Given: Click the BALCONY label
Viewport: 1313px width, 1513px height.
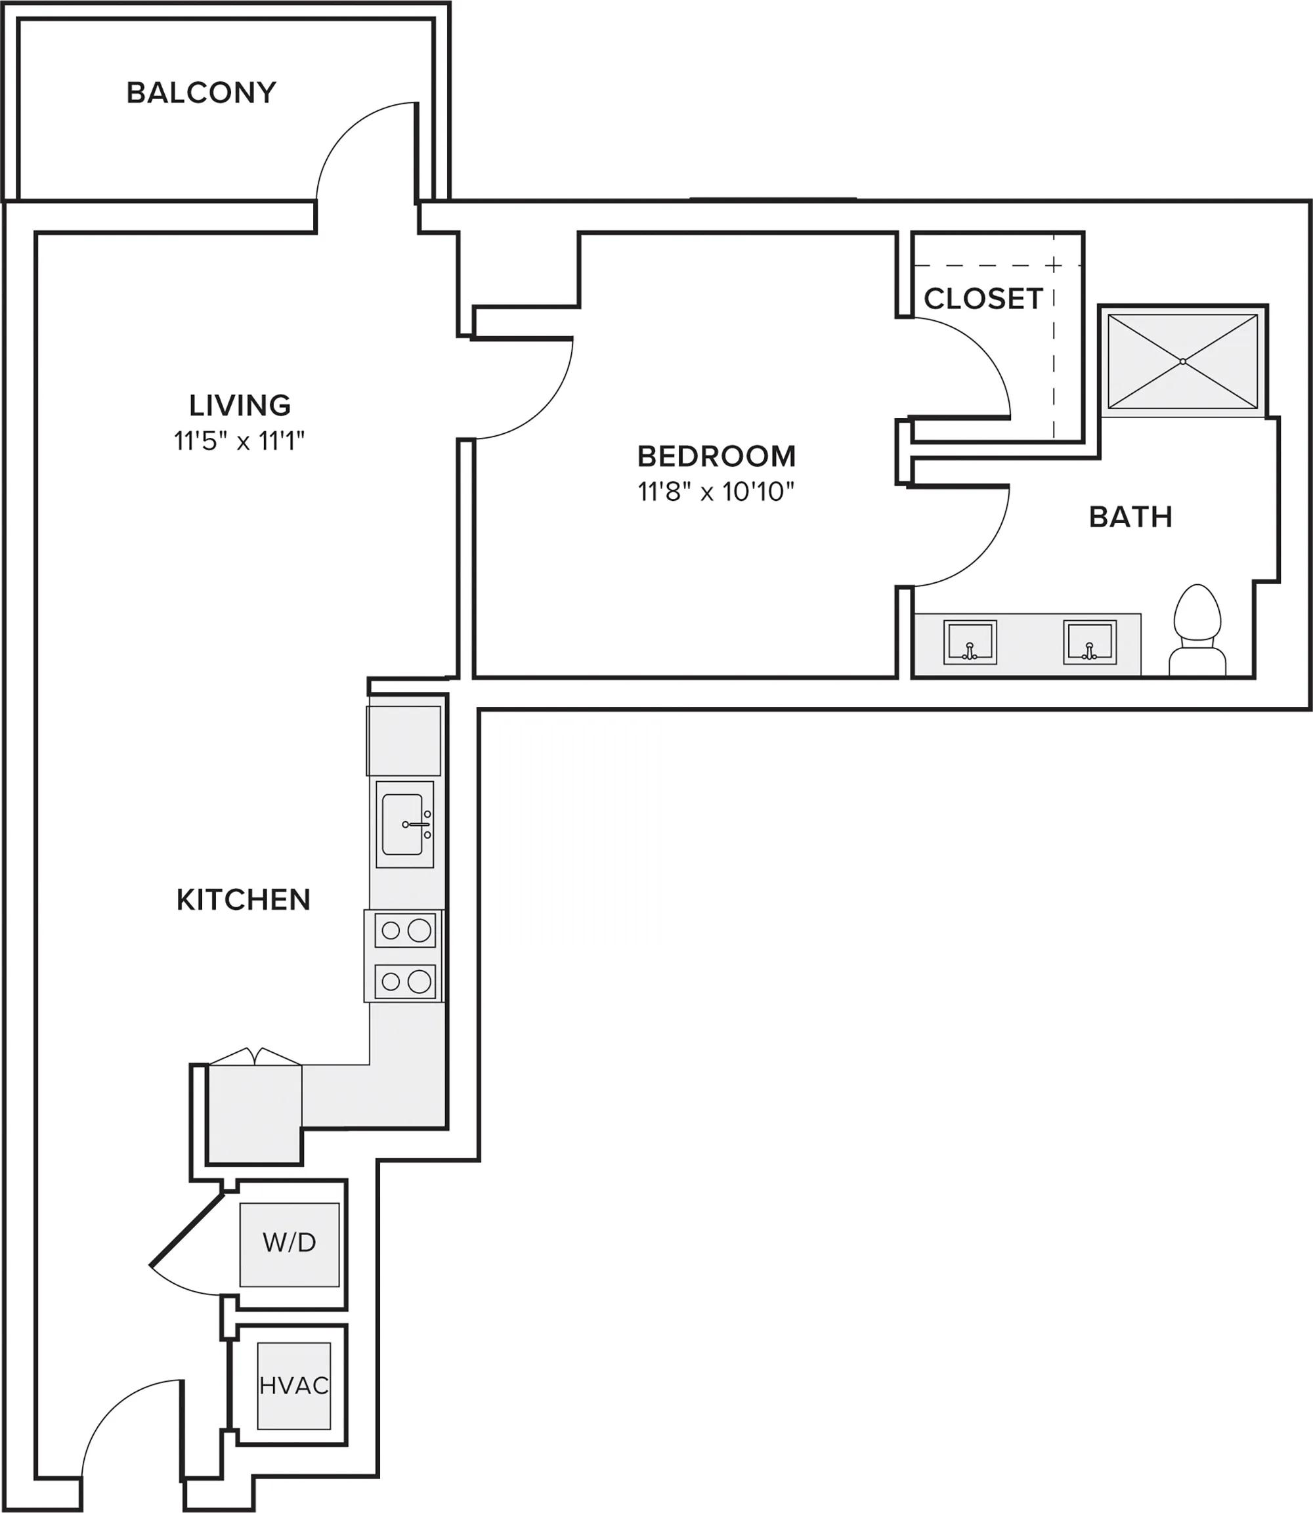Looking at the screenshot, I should [201, 93].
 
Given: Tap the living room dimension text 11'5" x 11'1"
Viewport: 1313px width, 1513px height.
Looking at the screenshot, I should [239, 442].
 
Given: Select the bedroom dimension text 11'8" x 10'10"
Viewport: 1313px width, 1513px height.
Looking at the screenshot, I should [716, 492].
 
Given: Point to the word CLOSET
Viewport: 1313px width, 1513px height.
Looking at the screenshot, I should [983, 299].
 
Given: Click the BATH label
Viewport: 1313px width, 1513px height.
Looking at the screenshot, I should [1130, 517].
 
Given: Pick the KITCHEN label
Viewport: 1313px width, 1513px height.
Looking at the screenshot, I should [244, 900].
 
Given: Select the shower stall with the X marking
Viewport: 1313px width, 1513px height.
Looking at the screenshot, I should [1182, 361].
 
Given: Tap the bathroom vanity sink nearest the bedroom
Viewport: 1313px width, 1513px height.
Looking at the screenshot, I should [970, 643].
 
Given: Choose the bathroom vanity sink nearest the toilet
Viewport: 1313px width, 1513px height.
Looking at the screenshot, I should [1090, 643].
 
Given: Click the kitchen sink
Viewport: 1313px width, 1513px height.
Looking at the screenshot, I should [404, 824].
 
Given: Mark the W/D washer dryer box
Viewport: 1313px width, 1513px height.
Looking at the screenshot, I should [290, 1243].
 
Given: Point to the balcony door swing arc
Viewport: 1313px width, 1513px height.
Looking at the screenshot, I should [345, 132].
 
